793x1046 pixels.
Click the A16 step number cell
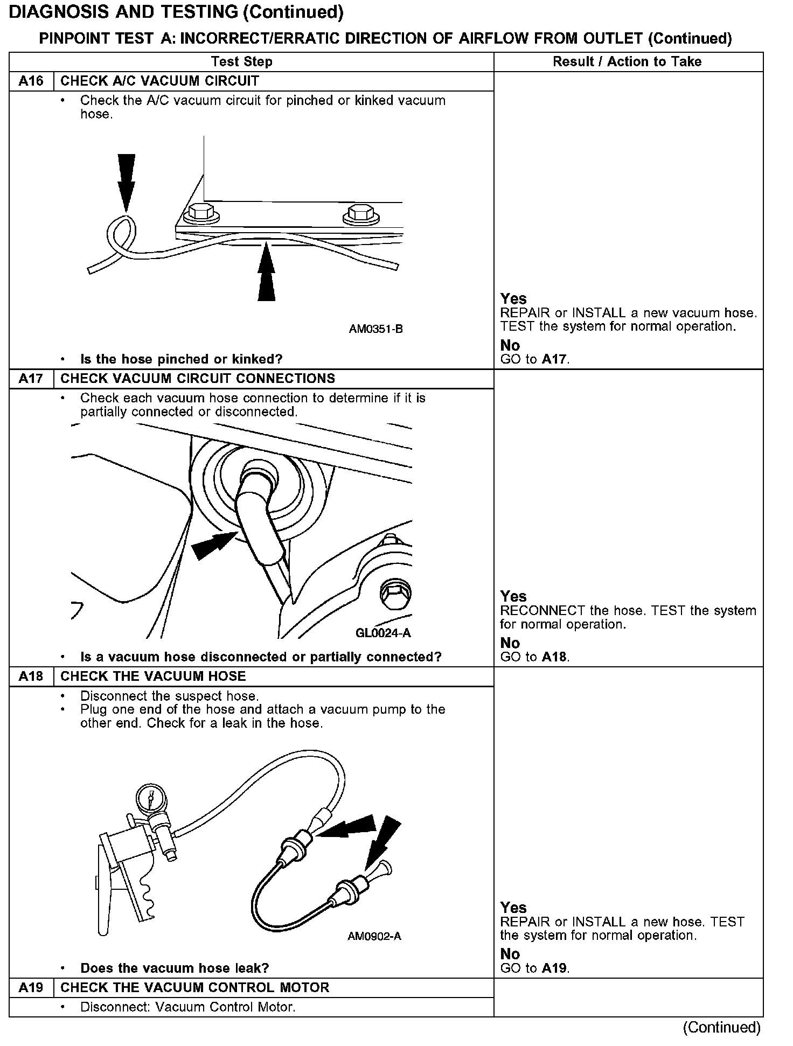coord(31,81)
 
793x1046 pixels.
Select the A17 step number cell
coord(31,379)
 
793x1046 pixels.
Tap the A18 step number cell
coord(31,677)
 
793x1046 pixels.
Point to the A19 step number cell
coord(31,987)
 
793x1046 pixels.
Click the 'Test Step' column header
coord(241,62)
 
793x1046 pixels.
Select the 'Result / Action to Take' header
coord(627,62)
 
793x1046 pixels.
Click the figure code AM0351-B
coord(375,329)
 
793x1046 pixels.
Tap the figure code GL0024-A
coord(383,633)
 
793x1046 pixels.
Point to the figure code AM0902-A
coord(374,936)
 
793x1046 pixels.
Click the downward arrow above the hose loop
coord(126,180)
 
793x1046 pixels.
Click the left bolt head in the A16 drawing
coord(202,213)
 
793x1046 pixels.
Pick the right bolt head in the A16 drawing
coord(358,213)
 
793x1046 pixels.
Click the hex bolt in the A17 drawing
coord(395,596)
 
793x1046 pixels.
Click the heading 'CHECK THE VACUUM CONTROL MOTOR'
coord(194,987)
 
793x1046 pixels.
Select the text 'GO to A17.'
coord(535,359)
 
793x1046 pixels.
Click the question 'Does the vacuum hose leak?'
coord(175,968)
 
